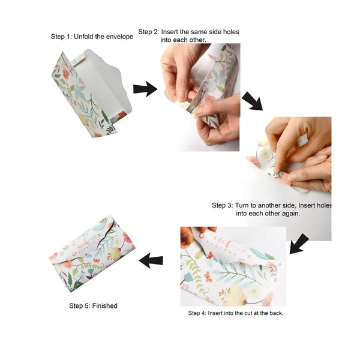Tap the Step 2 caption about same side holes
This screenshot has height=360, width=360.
pyautogui.click(x=184, y=35)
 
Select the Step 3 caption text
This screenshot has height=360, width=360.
pyautogui.click(x=272, y=209)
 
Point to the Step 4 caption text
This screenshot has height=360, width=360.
pyautogui.click(x=235, y=313)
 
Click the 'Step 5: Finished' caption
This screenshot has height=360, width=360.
pyautogui.click(x=93, y=305)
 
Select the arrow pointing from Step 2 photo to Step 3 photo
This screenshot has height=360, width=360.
pyautogui.click(x=252, y=100)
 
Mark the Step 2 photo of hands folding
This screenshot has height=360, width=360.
pyautogui.click(x=200, y=96)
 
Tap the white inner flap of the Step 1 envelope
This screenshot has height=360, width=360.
pyautogui.click(x=105, y=81)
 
